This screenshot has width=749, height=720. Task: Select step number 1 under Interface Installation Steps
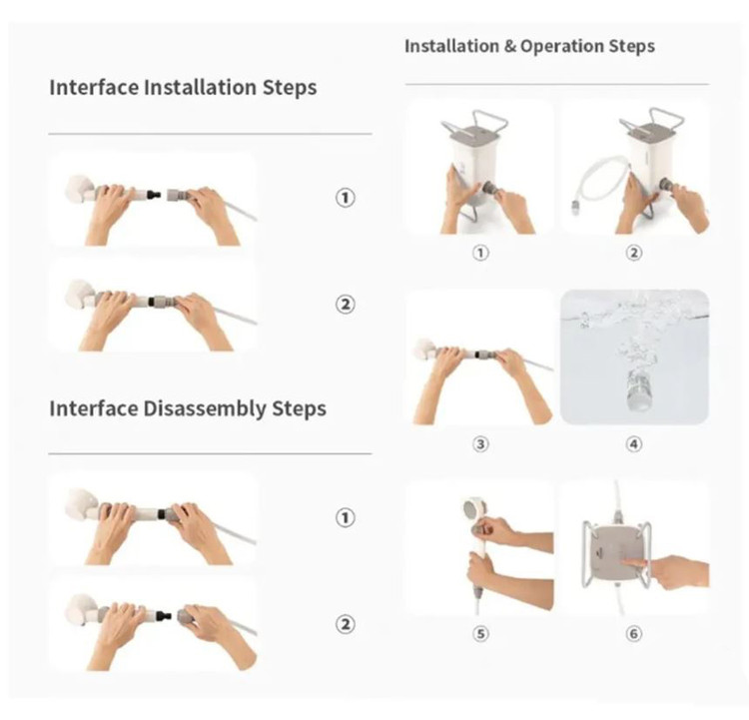point(345,198)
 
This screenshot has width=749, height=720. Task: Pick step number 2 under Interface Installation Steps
point(345,304)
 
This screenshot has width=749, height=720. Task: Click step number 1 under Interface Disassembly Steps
point(345,517)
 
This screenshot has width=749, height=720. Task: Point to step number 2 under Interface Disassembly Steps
point(345,624)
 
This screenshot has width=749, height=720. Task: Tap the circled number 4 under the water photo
point(633,444)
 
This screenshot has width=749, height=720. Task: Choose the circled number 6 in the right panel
point(633,633)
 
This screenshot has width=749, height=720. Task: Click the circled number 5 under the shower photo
point(480,633)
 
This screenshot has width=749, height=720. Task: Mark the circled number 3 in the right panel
point(480,444)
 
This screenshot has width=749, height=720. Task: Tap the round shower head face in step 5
point(473,510)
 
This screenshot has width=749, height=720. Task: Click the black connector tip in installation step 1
point(155,195)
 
